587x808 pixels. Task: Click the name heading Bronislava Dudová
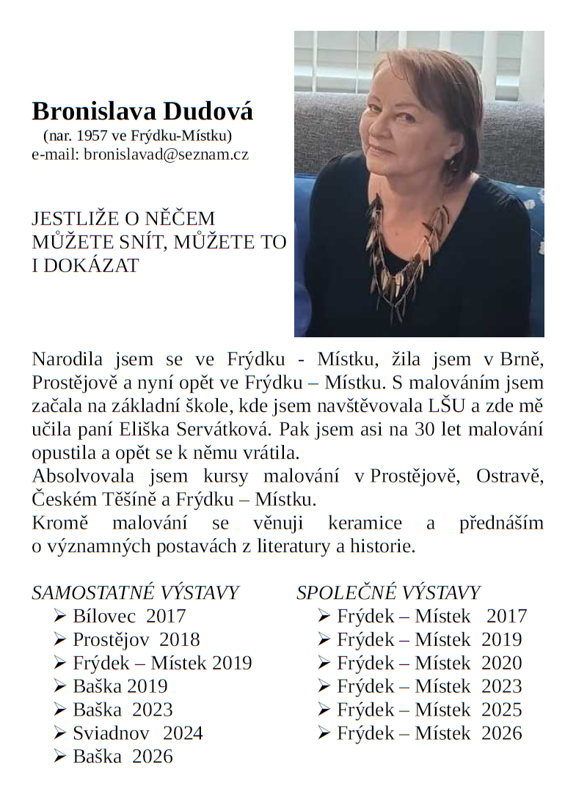pos(142,111)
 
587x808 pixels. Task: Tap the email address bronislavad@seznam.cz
pos(167,154)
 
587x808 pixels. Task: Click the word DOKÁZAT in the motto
pos(91,265)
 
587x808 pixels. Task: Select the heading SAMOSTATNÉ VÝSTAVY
pos(135,592)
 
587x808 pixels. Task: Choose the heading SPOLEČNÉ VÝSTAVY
pos(388,592)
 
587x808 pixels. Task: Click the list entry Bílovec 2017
pos(129,616)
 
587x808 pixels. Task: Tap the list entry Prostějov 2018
pos(136,639)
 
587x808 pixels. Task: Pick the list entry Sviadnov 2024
pos(137,733)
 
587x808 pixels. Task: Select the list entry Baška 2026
pos(123,757)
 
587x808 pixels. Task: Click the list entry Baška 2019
pos(120,686)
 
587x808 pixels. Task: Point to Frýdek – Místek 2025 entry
pos(429,710)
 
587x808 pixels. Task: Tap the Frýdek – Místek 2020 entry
pos(429,663)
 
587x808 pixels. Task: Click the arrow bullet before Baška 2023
pos(61,710)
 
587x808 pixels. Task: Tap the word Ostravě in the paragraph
pos(510,477)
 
